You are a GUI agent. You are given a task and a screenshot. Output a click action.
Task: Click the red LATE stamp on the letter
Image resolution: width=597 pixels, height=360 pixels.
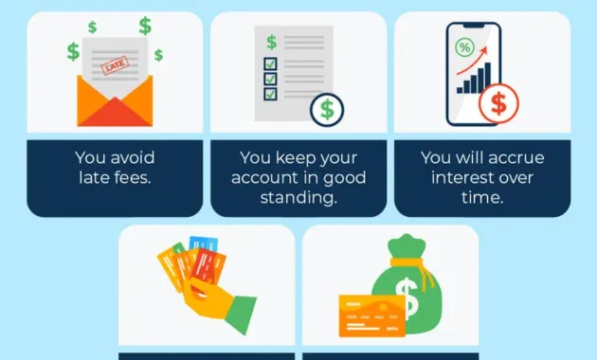click(116, 67)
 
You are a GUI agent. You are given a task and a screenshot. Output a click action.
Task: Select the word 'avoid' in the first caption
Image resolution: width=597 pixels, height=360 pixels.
click(132, 157)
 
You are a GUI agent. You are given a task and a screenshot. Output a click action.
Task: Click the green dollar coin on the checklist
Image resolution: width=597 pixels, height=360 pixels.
click(326, 109)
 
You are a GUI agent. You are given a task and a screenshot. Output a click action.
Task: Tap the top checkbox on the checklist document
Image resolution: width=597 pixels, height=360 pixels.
click(270, 64)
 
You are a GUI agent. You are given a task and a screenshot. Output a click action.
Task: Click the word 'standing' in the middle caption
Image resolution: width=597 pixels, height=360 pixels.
click(298, 197)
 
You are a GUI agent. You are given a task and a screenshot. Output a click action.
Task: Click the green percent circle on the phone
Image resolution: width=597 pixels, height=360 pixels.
click(465, 46)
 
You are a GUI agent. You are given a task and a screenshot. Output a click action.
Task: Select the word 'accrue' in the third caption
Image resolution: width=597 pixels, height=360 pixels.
click(520, 157)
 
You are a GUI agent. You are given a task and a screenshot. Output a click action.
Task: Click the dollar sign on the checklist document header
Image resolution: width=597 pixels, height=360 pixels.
click(271, 42)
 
